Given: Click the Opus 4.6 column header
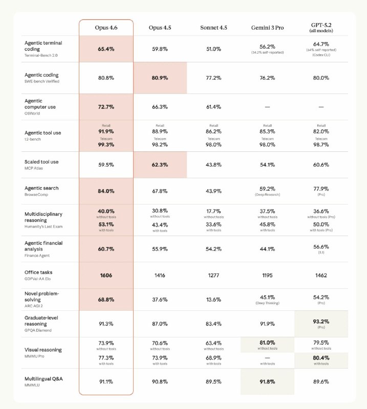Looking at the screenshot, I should coord(106,27).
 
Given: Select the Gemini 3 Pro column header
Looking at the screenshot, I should coord(267,27).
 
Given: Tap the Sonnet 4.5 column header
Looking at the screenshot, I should coord(213,27).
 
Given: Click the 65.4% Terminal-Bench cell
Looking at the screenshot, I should coord(106,49).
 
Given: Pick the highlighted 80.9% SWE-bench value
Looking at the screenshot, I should coord(160,78).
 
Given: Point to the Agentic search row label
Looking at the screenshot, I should coord(41,188).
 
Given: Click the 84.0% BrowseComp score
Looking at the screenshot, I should coord(106,191).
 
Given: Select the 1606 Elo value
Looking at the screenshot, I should coord(106,275).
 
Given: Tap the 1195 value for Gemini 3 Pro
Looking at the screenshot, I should coord(267,275).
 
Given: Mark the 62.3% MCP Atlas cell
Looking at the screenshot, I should coord(160,165).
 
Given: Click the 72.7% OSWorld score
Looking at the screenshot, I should coord(106,107).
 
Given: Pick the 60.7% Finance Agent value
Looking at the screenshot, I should coord(106,248).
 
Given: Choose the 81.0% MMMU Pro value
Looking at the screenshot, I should coord(267,343).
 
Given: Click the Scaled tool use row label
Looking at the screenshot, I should coord(41,162).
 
